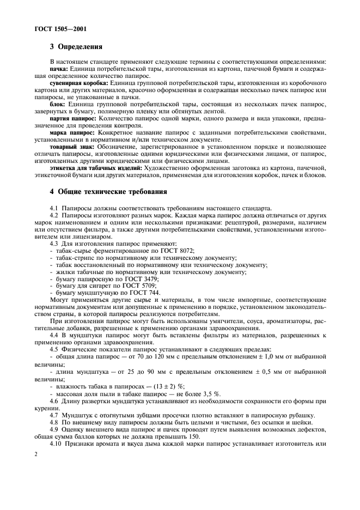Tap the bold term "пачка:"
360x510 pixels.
[58, 70]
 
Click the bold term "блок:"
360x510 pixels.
[58, 104]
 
